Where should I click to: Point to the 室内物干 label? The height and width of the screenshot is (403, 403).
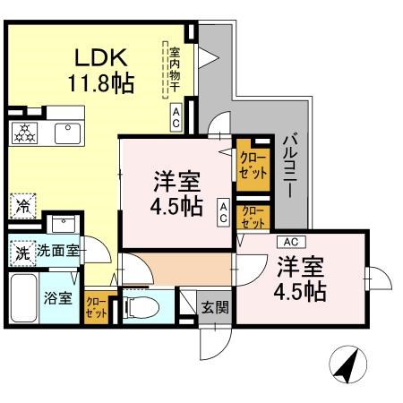tap(176, 68)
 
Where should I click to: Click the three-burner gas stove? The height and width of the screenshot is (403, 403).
tap(24, 133)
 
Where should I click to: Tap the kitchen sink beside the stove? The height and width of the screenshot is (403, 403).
tap(66, 133)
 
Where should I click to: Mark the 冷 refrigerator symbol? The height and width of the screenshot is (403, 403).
tap(21, 205)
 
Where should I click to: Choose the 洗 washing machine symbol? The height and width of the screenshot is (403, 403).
tap(21, 253)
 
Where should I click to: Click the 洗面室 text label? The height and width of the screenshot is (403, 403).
tap(57, 253)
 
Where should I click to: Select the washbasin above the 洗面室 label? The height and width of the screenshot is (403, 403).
tap(62, 225)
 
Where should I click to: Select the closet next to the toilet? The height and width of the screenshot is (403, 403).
tap(95, 307)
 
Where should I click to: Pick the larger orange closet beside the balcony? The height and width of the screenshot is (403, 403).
tap(252, 165)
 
